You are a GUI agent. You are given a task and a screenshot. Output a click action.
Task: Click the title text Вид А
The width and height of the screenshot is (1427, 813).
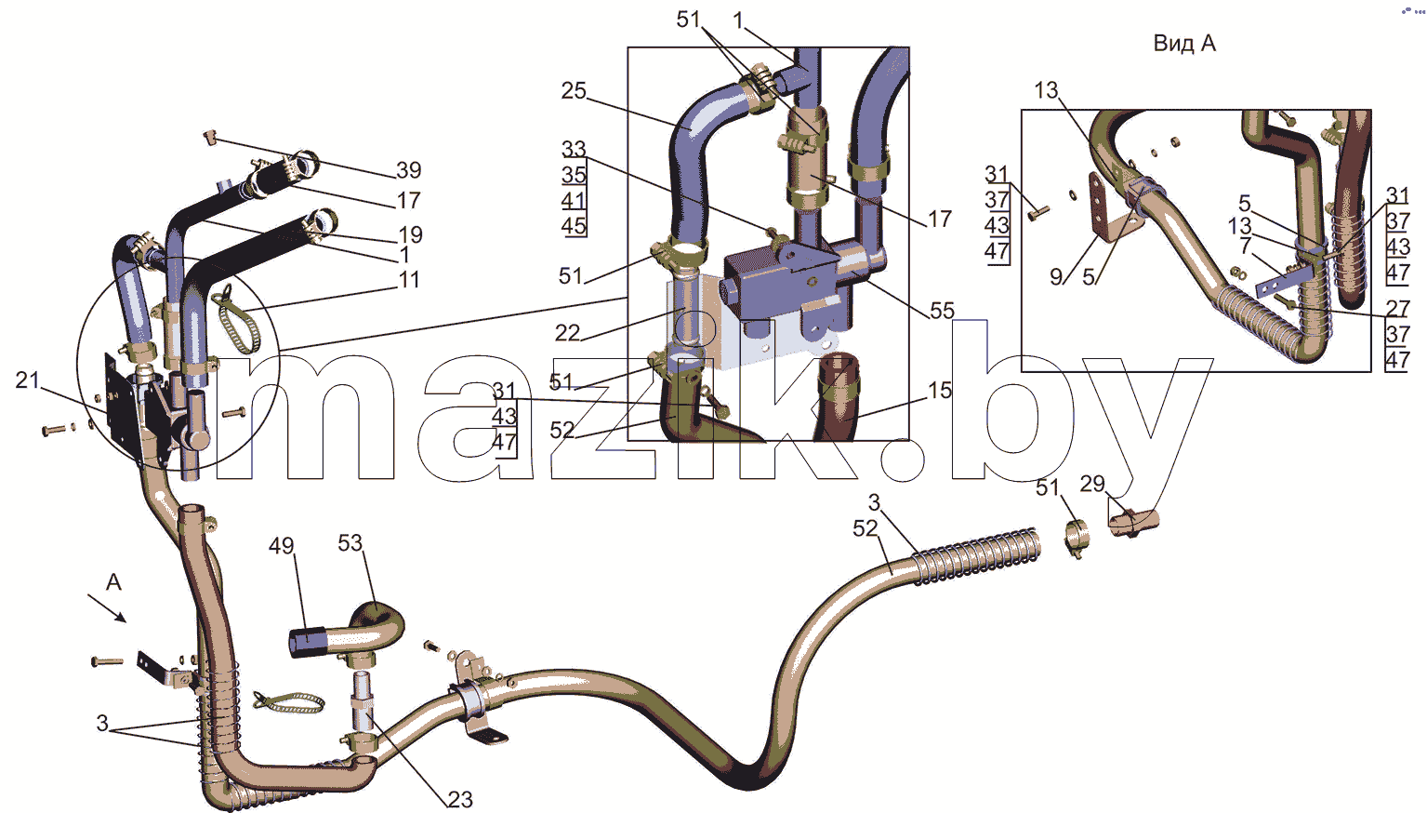[1184, 44]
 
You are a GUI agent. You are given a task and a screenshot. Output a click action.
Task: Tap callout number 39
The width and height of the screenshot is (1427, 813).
[408, 169]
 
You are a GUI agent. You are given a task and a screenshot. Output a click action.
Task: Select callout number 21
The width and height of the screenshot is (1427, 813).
[27, 380]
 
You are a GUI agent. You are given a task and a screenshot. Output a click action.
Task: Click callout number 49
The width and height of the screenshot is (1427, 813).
[281, 546]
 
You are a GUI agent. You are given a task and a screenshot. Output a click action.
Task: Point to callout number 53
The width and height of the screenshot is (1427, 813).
[350, 542]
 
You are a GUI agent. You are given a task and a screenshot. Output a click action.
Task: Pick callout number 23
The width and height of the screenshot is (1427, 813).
[460, 799]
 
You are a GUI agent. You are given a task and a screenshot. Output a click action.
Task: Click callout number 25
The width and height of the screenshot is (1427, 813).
[574, 90]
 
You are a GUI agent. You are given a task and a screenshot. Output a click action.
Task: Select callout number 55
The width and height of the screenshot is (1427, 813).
[943, 311]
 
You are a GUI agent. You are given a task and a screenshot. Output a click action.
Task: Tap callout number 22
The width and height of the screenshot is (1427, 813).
[567, 332]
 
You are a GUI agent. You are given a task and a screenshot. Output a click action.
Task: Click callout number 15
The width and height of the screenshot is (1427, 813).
[940, 390]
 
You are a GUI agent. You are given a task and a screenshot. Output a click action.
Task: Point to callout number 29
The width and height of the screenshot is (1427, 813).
[1092, 484]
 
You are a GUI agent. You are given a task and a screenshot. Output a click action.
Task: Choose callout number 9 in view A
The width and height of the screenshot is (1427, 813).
[1056, 276]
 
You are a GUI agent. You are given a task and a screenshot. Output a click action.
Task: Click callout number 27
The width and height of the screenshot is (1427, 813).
[1397, 308]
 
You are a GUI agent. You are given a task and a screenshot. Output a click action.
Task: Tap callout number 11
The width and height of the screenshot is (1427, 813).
[408, 279]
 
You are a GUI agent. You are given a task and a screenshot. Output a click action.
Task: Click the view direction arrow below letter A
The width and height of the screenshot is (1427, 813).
[106, 607]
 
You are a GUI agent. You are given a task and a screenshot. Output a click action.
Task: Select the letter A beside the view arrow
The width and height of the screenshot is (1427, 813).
[113, 581]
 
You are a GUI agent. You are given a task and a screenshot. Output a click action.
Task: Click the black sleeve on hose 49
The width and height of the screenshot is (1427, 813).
[308, 643]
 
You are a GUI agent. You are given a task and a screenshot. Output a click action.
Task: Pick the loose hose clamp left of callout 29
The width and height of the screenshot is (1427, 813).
[1077, 538]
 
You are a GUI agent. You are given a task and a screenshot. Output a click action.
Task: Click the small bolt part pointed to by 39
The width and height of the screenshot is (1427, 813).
[210, 136]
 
